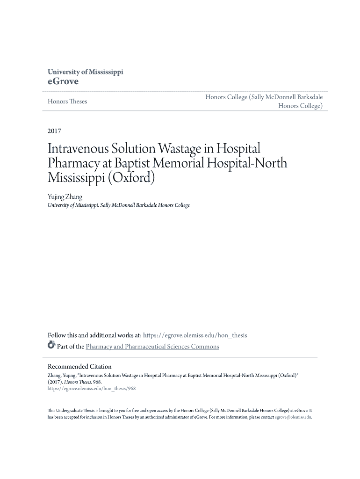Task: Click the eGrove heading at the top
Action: [x=63, y=81]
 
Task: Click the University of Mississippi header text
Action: [x=86, y=72]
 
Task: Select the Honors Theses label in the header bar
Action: [x=67, y=102]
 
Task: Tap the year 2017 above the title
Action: [x=55, y=131]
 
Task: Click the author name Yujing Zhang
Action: [x=65, y=197]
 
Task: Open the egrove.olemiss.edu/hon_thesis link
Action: [x=195, y=335]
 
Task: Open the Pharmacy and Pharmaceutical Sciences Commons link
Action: [x=152, y=347]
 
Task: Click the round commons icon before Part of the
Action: [x=51, y=346]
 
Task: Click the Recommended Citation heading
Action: [x=80, y=367]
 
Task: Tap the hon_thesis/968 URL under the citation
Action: [x=92, y=388]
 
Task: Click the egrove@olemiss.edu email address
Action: [x=293, y=417]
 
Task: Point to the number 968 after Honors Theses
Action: [x=97, y=382]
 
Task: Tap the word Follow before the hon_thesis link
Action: [x=58, y=335]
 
